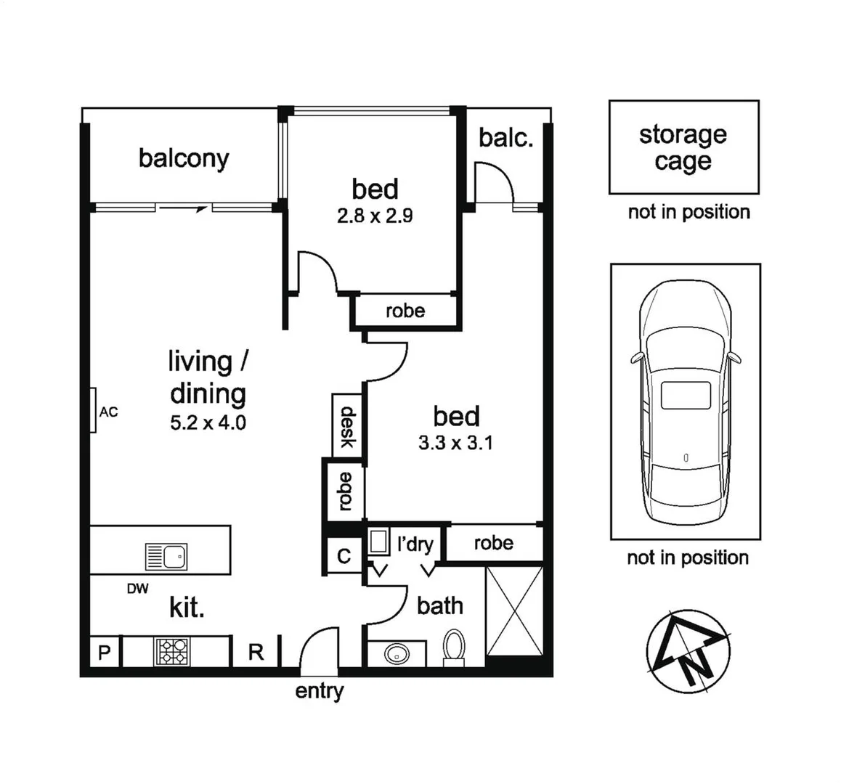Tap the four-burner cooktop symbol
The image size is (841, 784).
click(171, 651)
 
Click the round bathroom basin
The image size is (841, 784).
click(397, 653)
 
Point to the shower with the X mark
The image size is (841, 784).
click(513, 610)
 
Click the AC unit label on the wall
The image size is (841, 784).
click(108, 412)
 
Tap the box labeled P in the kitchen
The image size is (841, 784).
click(104, 653)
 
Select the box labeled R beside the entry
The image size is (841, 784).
click(256, 652)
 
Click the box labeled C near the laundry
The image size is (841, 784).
click(344, 556)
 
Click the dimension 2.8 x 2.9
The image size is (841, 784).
click(375, 216)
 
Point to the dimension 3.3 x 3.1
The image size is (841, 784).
click(455, 442)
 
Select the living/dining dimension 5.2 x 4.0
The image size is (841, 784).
click(208, 422)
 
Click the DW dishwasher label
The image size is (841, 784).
click(137, 589)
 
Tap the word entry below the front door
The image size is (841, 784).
click(319, 691)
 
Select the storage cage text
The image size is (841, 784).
click(683, 147)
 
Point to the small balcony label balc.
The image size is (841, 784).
click(506, 137)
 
